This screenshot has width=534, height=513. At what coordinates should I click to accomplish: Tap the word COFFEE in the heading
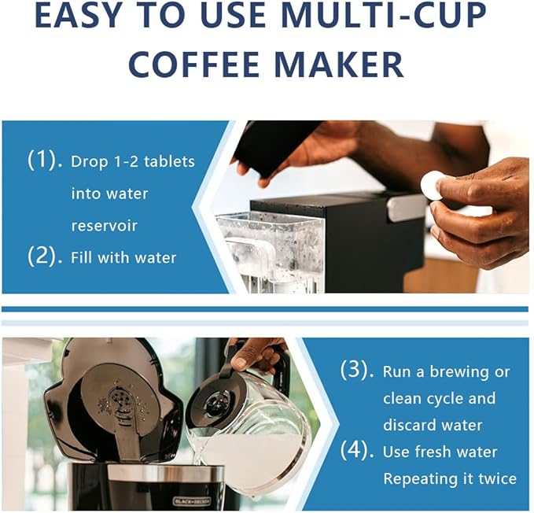tap(194, 65)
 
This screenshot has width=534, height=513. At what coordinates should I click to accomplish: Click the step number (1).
tap(45, 160)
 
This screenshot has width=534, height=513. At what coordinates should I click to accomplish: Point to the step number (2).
tap(45, 256)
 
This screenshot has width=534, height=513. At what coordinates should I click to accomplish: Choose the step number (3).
tap(357, 370)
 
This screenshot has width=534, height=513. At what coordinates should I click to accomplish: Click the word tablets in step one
tap(169, 161)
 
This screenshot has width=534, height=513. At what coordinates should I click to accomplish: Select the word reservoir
tap(105, 226)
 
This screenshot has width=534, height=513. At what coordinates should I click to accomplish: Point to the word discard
tap(407, 425)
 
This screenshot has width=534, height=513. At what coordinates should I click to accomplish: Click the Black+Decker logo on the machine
tap(192, 501)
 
